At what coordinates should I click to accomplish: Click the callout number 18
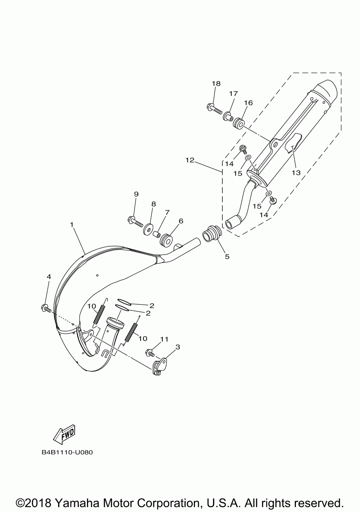coord(216,84)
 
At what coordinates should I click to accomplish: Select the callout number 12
coord(190,160)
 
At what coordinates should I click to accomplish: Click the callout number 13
coord(296,173)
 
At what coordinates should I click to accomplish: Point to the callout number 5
coord(227,257)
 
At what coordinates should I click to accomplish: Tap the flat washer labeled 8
coord(149,228)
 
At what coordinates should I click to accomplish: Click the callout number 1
coord(72,225)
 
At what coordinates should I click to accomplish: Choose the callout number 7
coord(167,213)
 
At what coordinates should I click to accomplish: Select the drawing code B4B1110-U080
coord(67,452)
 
